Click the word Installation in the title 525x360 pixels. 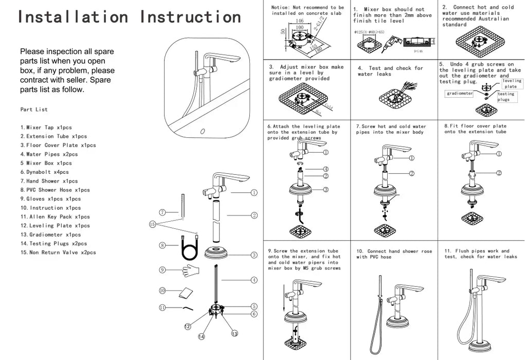[x=73, y=16]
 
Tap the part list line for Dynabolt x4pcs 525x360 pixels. [x=44, y=172]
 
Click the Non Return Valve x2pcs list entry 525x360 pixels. [x=58, y=253]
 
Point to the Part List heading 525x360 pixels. [x=34, y=110]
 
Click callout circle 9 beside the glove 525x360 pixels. [x=162, y=269]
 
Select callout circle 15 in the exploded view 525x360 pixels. [x=152, y=224]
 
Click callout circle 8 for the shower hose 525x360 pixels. [x=162, y=245]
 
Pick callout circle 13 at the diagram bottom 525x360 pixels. [x=234, y=333]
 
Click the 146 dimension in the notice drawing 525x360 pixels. [x=300, y=21]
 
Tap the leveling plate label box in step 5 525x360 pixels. [x=511, y=83]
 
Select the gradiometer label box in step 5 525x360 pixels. [x=459, y=94]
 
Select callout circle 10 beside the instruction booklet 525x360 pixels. [x=162, y=291]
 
